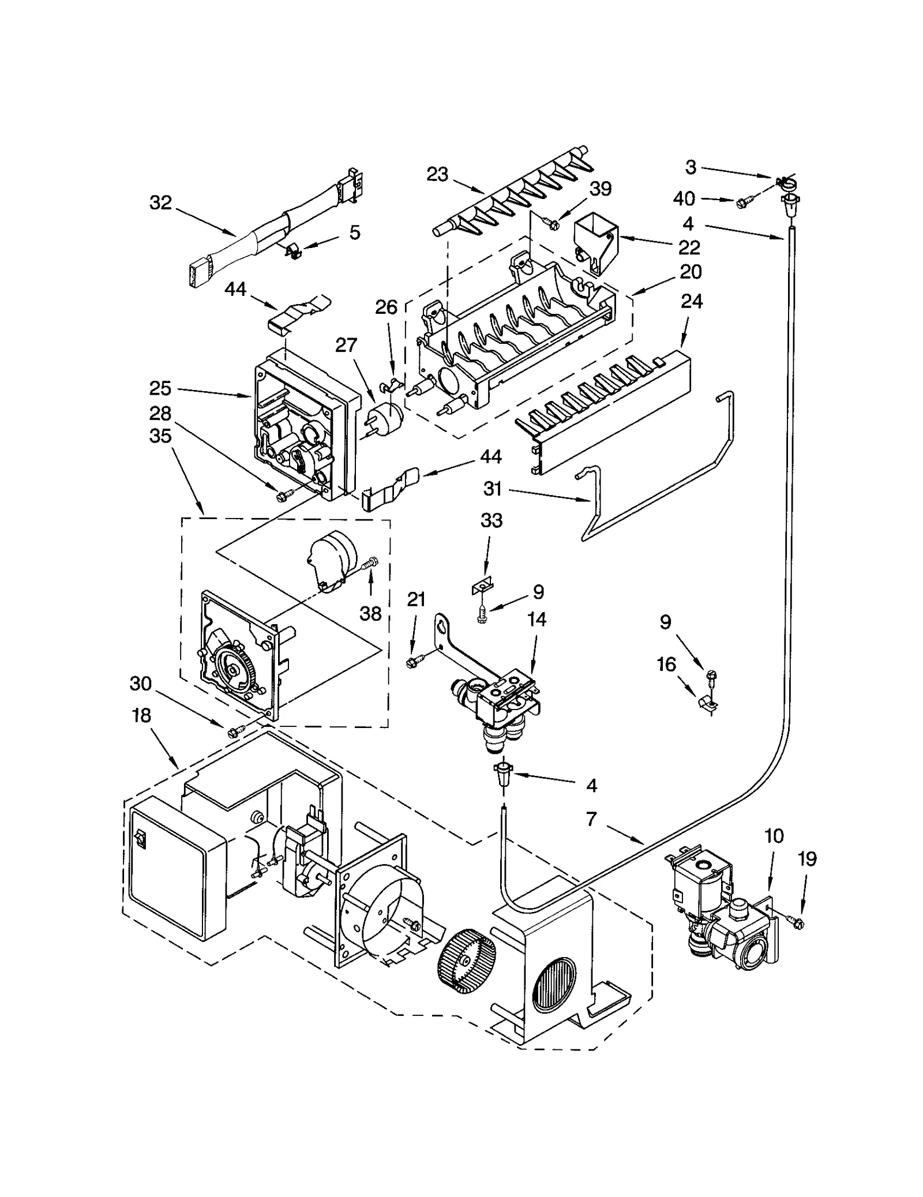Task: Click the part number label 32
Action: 160,202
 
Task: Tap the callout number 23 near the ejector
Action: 437,174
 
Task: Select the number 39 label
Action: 601,189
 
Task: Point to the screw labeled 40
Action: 743,202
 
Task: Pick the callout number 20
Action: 691,271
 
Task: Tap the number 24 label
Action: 692,301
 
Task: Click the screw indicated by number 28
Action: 283,495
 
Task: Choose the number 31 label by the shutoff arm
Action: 493,489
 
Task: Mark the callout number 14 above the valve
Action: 536,620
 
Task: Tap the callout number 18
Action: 141,715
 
